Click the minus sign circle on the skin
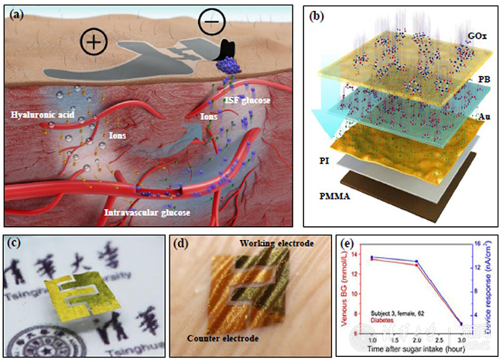point(210,21)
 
